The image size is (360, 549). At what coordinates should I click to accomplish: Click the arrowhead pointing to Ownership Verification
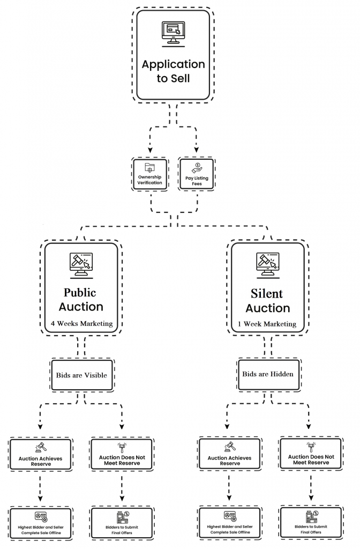pyautogui.click(x=149, y=150)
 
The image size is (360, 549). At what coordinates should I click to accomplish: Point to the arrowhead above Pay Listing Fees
pyautogui.click(x=196, y=150)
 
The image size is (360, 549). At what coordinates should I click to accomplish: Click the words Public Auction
pyautogui.click(x=81, y=300)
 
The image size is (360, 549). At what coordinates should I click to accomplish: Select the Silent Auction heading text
pyautogui.click(x=267, y=301)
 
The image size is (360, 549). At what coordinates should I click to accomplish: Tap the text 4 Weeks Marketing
pyautogui.click(x=81, y=323)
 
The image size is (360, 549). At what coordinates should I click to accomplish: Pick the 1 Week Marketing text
pyautogui.click(x=267, y=324)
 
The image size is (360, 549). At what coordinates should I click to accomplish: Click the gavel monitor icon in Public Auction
pyautogui.click(x=81, y=264)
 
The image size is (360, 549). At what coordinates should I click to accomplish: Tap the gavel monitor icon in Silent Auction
pyautogui.click(x=267, y=264)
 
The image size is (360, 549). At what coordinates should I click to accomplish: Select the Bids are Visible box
pyautogui.click(x=81, y=375)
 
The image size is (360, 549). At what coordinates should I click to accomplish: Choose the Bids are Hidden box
pyautogui.click(x=267, y=374)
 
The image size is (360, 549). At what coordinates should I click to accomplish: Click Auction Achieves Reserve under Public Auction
pyautogui.click(x=41, y=455)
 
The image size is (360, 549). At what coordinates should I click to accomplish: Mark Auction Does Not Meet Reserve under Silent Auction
pyautogui.click(x=310, y=454)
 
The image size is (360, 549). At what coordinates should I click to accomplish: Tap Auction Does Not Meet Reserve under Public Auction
pyautogui.click(x=122, y=455)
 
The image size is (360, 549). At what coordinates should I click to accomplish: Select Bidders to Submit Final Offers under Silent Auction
pyautogui.click(x=310, y=523)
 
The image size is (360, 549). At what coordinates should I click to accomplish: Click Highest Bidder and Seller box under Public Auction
pyautogui.click(x=41, y=523)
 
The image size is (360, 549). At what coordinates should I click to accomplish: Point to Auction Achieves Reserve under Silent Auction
pyautogui.click(x=229, y=455)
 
